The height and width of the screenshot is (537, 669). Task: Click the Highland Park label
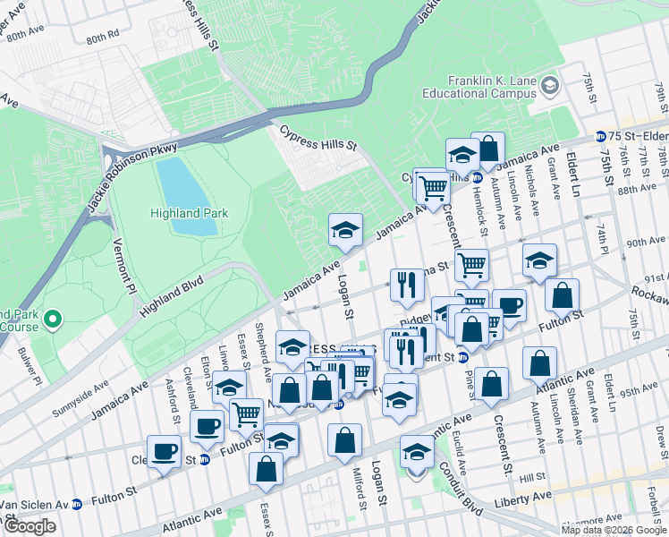pyautogui.click(x=189, y=213)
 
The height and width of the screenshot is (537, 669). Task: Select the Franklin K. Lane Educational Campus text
pyautogui.click(x=492, y=87)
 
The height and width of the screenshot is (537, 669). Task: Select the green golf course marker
pyautogui.click(x=52, y=318)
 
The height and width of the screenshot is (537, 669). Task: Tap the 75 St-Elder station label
pyautogui.click(x=639, y=136)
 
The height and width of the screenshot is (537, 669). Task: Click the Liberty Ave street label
pyautogui.click(x=521, y=492)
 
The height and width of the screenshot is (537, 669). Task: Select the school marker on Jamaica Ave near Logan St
pyautogui.click(x=345, y=232)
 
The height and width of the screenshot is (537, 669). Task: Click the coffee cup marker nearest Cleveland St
pyautogui.click(x=164, y=452)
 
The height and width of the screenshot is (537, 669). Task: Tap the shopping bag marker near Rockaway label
pyautogui.click(x=562, y=295)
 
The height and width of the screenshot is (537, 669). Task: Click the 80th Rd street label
pyautogui.click(x=102, y=37)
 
